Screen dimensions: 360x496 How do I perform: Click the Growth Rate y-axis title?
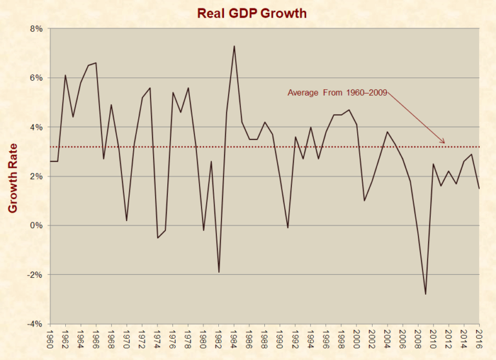[x=14, y=176]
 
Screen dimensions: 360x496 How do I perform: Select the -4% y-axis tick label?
[x=33, y=324]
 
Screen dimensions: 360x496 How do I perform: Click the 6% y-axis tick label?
[x=34, y=78]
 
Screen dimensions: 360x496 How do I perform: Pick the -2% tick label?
[x=33, y=275]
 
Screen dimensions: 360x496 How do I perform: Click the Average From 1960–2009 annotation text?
[x=337, y=93]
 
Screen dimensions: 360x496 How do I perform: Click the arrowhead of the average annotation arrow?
[x=444, y=143]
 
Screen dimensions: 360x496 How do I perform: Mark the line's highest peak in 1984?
[x=234, y=46]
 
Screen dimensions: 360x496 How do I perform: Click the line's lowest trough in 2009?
[x=426, y=294]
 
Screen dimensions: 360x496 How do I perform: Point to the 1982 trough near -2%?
[x=218, y=272]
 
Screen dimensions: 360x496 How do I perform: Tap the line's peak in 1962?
[x=65, y=75]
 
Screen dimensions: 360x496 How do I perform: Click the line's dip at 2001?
[x=364, y=200]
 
